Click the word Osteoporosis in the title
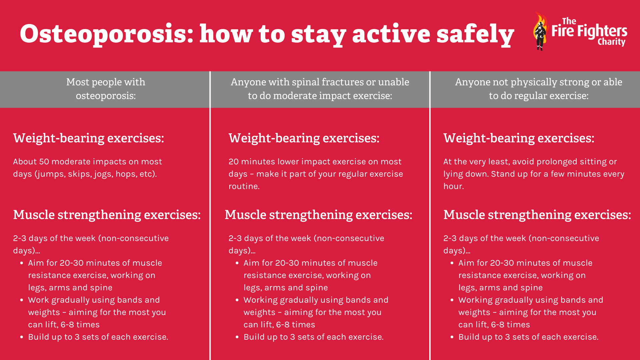(107, 34)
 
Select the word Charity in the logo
(611, 42)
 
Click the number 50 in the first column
(44, 162)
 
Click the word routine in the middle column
(244, 186)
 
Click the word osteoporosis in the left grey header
(106, 96)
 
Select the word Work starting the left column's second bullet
(39, 300)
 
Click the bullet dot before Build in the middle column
(237, 337)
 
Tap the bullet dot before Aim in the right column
(452, 263)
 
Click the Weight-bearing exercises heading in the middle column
(304, 138)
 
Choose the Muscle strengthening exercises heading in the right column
(537, 215)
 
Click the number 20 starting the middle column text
(234, 162)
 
